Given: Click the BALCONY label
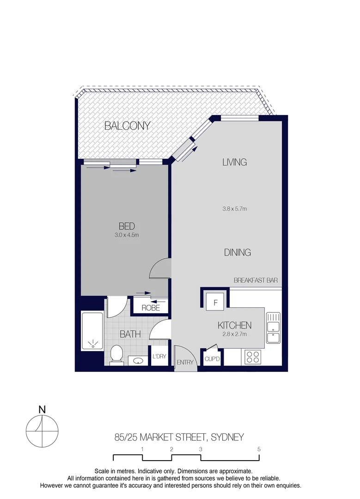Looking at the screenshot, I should pyautogui.click(x=127, y=125).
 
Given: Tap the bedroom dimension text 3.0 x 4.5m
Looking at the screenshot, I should pyautogui.click(x=127, y=235).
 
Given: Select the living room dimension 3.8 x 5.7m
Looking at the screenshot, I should pyautogui.click(x=234, y=209).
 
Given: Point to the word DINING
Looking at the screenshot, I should pyautogui.click(x=237, y=252).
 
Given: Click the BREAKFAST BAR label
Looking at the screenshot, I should pyautogui.click(x=255, y=280).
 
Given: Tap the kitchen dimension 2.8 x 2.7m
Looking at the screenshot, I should pyautogui.click(x=234, y=334).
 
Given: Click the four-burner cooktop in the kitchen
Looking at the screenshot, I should pyautogui.click(x=253, y=356).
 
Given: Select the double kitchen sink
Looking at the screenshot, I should pyautogui.click(x=273, y=329).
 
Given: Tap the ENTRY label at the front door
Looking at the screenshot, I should pyautogui.click(x=185, y=363).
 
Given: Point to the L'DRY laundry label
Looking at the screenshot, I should pyautogui.click(x=159, y=356).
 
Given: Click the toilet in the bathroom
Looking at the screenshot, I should pyautogui.click(x=117, y=355).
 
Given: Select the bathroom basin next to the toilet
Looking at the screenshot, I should pyautogui.click(x=137, y=360).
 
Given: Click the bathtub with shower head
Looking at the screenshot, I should pyautogui.click(x=93, y=331).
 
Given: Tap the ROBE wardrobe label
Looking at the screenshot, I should pyautogui.click(x=150, y=308).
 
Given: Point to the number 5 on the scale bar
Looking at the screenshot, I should pyautogui.click(x=259, y=449).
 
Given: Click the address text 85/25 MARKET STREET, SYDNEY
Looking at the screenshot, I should pyautogui.click(x=179, y=437).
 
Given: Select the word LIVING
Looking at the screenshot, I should pyautogui.click(x=234, y=162).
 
